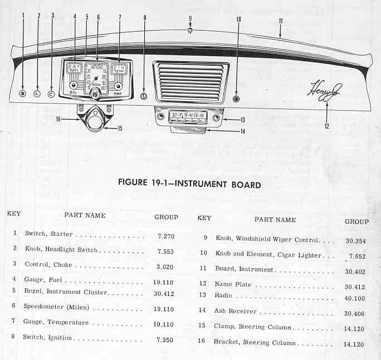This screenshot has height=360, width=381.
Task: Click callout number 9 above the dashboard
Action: click(x=190, y=18)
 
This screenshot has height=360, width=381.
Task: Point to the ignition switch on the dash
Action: click(x=144, y=96)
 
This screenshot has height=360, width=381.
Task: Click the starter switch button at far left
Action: click(x=23, y=93)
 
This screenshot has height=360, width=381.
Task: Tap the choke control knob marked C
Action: click(x=51, y=93)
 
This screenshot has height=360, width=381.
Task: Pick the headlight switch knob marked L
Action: click(x=37, y=93)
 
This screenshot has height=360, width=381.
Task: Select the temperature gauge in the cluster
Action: click(x=118, y=69)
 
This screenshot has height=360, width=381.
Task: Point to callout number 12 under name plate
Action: click(x=327, y=126)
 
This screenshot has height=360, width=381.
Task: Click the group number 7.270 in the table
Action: click(x=166, y=236)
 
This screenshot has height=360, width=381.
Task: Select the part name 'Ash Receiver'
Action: click(x=236, y=311)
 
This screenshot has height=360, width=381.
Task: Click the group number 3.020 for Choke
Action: click(x=166, y=267)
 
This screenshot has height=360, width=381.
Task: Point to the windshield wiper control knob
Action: click(x=190, y=30)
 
